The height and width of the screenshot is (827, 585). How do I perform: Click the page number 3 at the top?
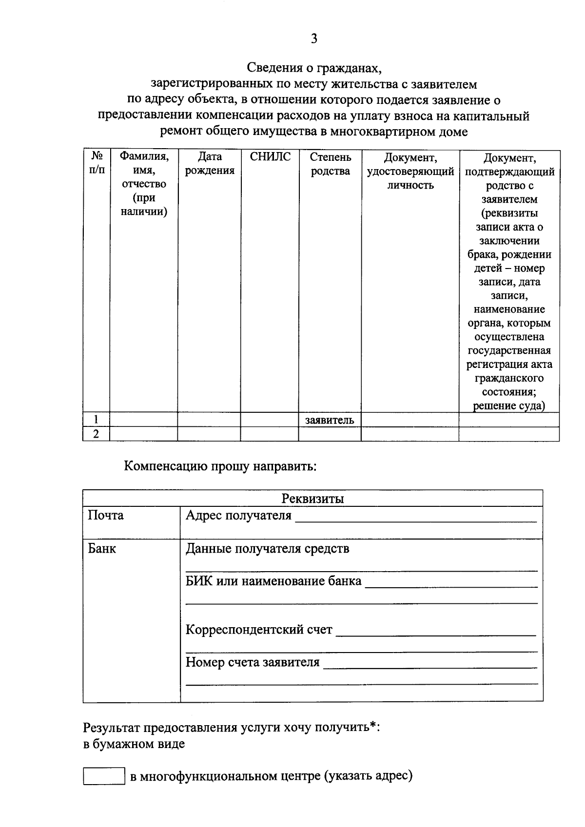313,39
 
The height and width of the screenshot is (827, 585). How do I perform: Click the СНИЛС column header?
270,157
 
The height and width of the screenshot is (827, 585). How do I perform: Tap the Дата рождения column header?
210,164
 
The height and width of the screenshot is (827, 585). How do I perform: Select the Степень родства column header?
330,164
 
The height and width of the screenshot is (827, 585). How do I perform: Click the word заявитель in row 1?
330,420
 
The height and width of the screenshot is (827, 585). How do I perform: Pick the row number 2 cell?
96,434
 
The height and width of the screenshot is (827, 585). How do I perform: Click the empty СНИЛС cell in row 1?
269,420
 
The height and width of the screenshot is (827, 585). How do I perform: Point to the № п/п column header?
97,164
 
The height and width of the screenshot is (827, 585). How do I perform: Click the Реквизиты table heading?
312,499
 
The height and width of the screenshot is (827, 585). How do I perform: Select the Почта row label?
106,516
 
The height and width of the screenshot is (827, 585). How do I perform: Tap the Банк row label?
102,549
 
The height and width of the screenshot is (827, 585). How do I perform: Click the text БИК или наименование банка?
273,581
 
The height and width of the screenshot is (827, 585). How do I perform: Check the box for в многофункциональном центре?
104,776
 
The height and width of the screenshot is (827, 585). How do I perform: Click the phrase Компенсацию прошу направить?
220,466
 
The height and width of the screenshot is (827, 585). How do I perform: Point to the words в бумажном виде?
134,744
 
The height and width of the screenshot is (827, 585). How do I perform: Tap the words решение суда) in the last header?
509,406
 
